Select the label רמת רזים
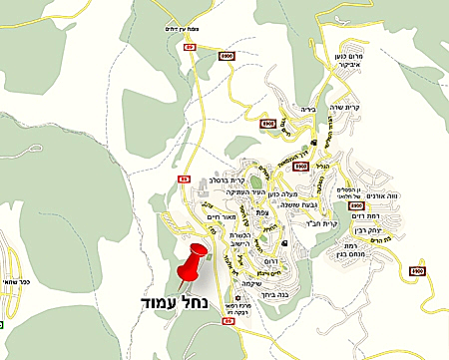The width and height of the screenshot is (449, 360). pos(370,215)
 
